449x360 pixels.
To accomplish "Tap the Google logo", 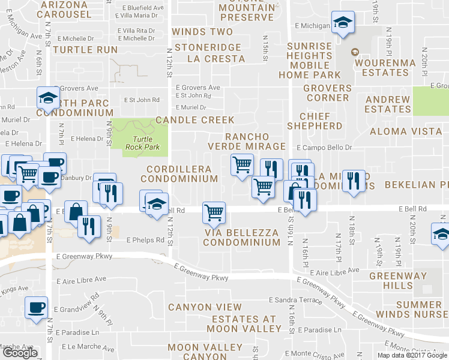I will (x=20, y=353).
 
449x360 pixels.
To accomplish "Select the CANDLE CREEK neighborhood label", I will (x=194, y=120).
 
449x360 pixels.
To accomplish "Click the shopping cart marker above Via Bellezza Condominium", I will (x=214, y=212).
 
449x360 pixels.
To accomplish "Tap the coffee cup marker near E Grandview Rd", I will (x=36, y=307).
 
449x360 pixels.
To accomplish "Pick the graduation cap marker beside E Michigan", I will (x=343, y=24).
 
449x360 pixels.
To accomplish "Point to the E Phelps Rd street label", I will (x=145, y=240).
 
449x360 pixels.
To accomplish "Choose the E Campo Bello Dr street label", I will (x=324, y=147).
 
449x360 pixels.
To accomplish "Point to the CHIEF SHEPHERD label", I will (x=315, y=121).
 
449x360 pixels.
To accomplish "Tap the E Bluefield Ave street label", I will (x=142, y=8).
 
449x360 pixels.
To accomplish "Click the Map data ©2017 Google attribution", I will (x=412, y=355).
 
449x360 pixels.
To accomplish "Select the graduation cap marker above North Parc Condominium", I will (x=47, y=97).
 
